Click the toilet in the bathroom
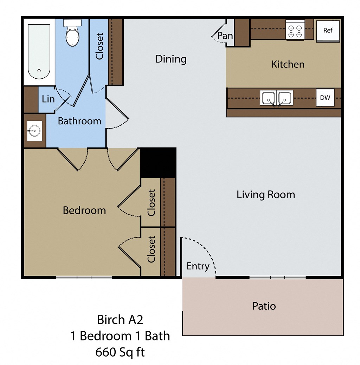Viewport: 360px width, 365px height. coord(73,34)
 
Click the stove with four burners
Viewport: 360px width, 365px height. coord(295,30)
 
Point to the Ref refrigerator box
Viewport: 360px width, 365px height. coord(328,31)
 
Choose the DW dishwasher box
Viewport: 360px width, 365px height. coord(325,98)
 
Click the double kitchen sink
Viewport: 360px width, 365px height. coord(276,98)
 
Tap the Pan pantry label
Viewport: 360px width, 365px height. coord(225,36)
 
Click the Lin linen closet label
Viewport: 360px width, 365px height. coord(48,99)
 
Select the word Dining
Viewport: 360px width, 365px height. coord(171,59)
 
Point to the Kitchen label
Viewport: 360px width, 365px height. coord(288,64)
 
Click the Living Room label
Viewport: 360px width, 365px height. coord(265,195)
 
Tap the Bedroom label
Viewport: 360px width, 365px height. coord(84,210)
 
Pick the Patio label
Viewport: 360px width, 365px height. coord(264,306)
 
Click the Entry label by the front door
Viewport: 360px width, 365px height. coord(198,266)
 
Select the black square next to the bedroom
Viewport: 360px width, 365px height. coord(158,163)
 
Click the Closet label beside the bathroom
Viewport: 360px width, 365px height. coord(100,46)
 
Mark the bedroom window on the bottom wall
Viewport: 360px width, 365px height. coord(84,278)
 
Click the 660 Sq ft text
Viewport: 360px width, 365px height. coord(120,352)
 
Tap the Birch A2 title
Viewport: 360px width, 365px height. coord(120,320)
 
